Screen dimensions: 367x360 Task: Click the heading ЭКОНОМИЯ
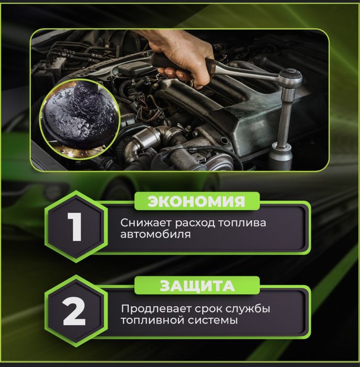pos(196,201)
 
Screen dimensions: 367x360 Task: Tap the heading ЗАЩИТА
pos(197,286)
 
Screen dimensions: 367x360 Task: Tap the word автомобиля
pos(155,235)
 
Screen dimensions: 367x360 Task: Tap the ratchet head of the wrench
pos(289,79)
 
